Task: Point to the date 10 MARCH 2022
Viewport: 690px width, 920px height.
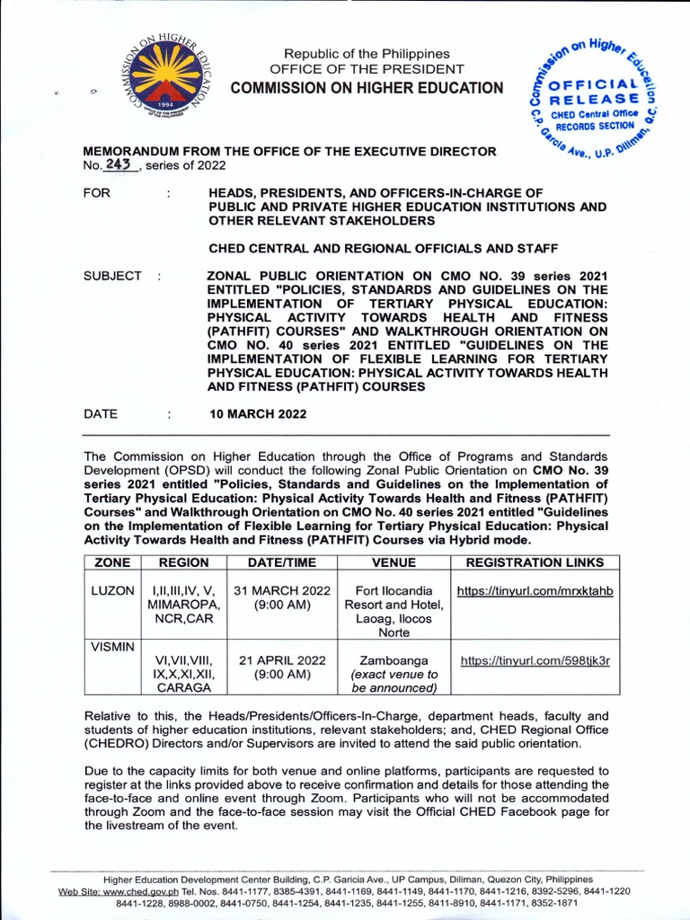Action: pyautogui.click(x=257, y=414)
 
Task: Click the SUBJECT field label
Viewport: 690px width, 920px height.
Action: pyautogui.click(x=112, y=276)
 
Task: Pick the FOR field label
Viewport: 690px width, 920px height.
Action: pyautogui.click(x=96, y=193)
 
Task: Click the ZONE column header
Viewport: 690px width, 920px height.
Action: pyautogui.click(x=112, y=562)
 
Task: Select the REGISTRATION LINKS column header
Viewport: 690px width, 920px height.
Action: pyautogui.click(x=535, y=562)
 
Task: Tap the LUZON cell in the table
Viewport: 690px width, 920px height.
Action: pyautogui.click(x=112, y=591)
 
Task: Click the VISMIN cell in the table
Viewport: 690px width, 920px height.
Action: pyautogui.click(x=112, y=646)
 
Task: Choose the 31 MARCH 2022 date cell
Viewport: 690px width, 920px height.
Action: pyautogui.click(x=281, y=598)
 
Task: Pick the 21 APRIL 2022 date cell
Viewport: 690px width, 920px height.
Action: pyautogui.click(x=281, y=667)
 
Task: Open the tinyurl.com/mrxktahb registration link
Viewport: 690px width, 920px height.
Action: pyautogui.click(x=535, y=591)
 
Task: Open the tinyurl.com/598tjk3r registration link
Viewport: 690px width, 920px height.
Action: pyautogui.click(x=535, y=660)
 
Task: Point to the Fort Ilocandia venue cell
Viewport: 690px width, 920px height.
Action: pyautogui.click(x=394, y=612)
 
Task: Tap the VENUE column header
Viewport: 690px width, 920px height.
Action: pyautogui.click(x=394, y=562)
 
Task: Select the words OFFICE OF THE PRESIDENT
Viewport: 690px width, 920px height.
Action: pyautogui.click(x=367, y=69)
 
